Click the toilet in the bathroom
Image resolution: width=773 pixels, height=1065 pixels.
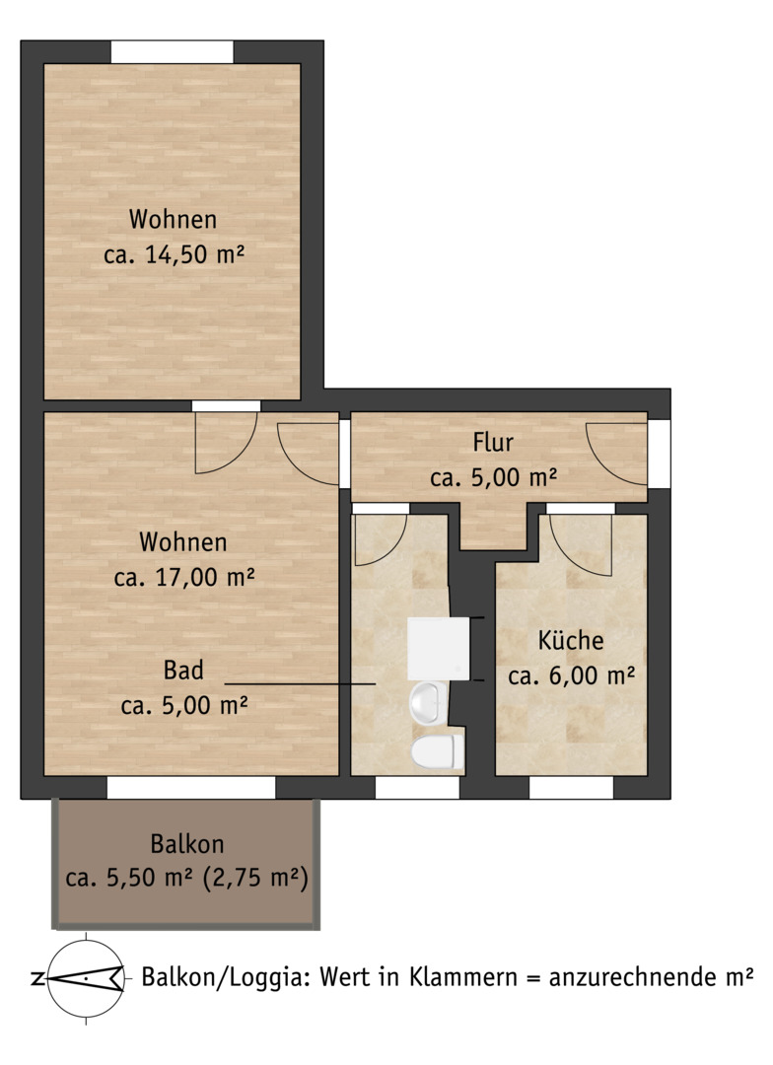437,750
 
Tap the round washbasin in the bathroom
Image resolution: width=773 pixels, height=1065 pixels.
428,703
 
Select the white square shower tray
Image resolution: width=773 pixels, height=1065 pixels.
438,649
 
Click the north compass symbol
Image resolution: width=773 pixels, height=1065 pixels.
86,979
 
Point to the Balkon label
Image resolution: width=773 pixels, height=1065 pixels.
186,844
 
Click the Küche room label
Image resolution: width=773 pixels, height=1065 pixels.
571,641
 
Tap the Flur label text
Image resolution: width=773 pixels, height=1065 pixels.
493,442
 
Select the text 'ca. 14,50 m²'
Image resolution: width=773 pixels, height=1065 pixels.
174,254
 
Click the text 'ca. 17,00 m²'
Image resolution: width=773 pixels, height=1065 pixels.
184,577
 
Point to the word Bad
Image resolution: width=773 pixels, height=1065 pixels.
183,671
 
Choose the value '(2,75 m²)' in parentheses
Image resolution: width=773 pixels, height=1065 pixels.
255,879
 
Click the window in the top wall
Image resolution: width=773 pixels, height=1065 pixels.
173,52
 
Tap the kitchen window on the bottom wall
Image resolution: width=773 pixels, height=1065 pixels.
571,787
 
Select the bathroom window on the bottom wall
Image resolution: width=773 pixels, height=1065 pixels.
418,787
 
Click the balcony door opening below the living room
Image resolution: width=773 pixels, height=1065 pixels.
191,787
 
